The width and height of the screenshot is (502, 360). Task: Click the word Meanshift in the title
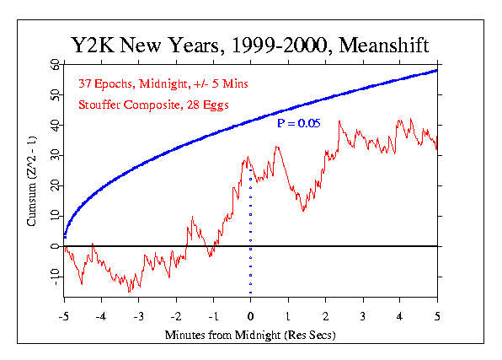pyautogui.click(x=383, y=45)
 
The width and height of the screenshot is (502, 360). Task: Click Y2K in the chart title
pyautogui.click(x=93, y=45)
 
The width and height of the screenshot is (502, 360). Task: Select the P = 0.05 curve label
pyautogui.click(x=298, y=123)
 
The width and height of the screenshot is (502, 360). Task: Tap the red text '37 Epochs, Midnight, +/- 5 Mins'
pyautogui.click(x=163, y=83)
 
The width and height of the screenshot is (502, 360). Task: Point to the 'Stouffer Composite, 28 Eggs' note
pyautogui.click(x=153, y=105)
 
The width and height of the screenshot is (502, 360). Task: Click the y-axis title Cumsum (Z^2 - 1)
pyautogui.click(x=31, y=181)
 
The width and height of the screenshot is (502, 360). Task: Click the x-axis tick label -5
pyautogui.click(x=64, y=317)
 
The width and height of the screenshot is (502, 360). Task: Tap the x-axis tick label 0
pyautogui.click(x=251, y=317)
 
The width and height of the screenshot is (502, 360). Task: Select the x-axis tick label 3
pyautogui.click(x=363, y=317)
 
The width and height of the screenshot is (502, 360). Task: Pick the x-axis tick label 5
pyautogui.click(x=437, y=317)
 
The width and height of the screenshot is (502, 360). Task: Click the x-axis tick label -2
pyautogui.click(x=176, y=317)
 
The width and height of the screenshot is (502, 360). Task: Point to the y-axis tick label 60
pyautogui.click(x=55, y=64)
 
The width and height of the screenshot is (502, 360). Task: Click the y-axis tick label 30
pyautogui.click(x=55, y=155)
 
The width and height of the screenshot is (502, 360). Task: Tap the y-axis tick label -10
pyautogui.click(x=55, y=277)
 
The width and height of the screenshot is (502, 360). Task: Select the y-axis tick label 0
pyautogui.click(x=55, y=246)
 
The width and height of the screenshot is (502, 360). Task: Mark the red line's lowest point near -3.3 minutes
pyautogui.click(x=130, y=292)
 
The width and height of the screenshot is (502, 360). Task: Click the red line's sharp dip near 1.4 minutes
pyautogui.click(x=303, y=211)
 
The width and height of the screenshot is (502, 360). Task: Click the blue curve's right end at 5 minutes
pyautogui.click(x=436, y=71)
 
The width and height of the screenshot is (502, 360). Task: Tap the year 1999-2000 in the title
pyautogui.click(x=279, y=45)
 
